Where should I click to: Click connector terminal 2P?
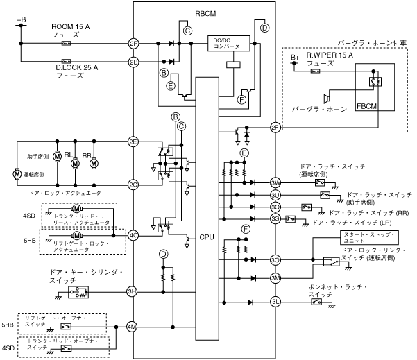134,43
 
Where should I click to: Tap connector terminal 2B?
134,61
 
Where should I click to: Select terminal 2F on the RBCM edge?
275,127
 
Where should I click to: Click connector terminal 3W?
275,182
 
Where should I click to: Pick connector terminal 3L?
275,301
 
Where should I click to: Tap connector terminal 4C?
134,235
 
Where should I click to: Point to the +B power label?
21,20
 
